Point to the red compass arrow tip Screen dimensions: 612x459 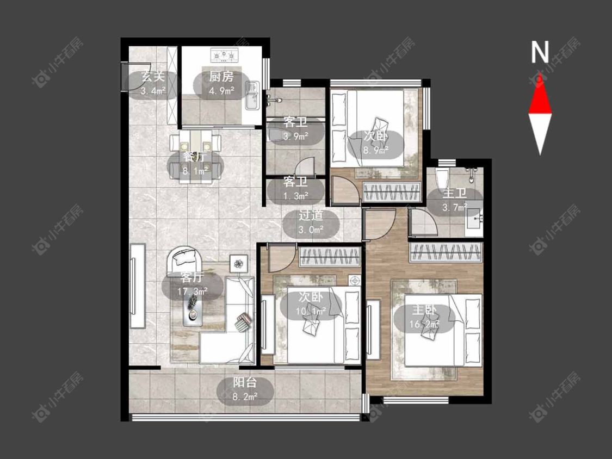[x=540, y=73]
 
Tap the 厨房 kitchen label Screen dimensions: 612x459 [x=221, y=77]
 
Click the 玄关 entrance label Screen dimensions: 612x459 [x=153, y=77]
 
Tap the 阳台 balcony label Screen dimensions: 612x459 [x=245, y=382]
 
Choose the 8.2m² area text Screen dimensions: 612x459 [x=245, y=397]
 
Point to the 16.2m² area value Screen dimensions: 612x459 [x=424, y=324]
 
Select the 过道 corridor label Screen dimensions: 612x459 [x=311, y=215]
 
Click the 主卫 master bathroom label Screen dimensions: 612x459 [x=454, y=193]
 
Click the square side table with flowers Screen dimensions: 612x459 [x=238, y=264]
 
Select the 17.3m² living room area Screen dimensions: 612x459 [x=193, y=291]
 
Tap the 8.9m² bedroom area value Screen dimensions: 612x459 [x=375, y=150]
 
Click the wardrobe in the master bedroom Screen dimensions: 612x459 [x=446, y=252]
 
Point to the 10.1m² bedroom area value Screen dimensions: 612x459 [x=311, y=312]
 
